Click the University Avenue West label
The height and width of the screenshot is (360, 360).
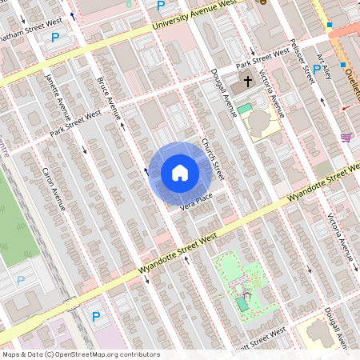[201, 15]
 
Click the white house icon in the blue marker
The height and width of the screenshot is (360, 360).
[180, 173]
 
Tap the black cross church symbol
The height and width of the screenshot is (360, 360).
[248, 82]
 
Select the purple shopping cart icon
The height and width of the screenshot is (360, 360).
[346, 138]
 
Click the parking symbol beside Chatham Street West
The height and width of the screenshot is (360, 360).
[55, 38]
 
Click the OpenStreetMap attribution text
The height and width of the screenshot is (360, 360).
[80, 354]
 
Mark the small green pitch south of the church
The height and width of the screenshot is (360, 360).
[244, 108]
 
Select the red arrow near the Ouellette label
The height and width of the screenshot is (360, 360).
[346, 107]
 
